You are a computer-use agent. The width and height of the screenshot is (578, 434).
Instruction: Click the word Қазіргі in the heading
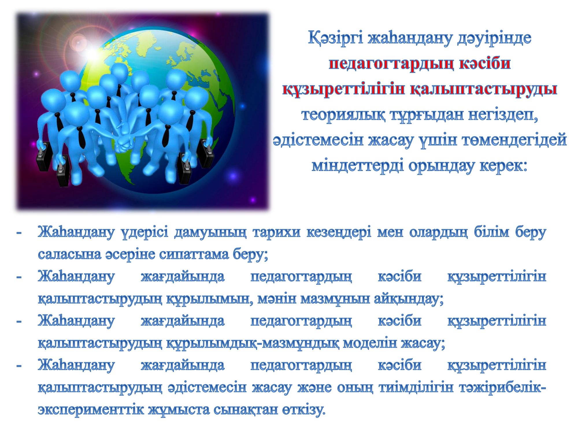(335, 38)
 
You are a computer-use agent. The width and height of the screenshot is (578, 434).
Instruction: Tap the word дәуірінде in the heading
(494, 38)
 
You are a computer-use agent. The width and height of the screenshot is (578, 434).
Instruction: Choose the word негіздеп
(503, 115)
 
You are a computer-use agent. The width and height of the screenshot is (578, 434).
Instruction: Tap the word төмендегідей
(514, 140)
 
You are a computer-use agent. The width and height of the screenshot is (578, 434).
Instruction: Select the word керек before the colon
(501, 166)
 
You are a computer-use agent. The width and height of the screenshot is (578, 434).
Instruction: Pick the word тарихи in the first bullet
(277, 232)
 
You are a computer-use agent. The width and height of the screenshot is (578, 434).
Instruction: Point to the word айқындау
(409, 299)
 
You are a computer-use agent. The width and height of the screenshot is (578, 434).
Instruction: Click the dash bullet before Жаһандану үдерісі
(19, 233)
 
